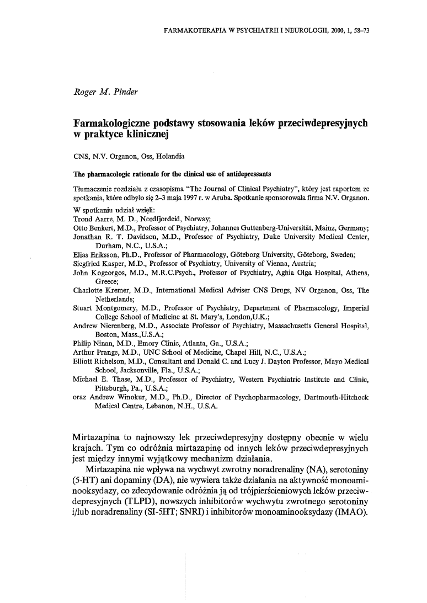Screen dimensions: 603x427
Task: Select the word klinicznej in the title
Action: coord(142,134)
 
